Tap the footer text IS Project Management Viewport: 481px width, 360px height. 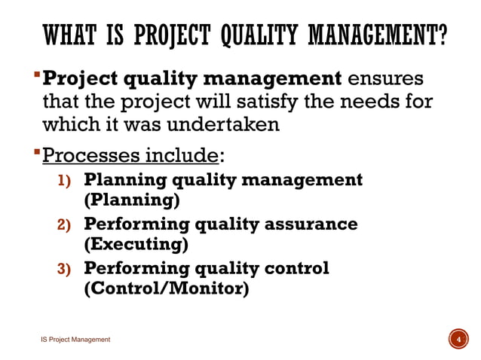click(75, 340)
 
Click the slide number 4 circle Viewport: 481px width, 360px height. click(455, 340)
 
